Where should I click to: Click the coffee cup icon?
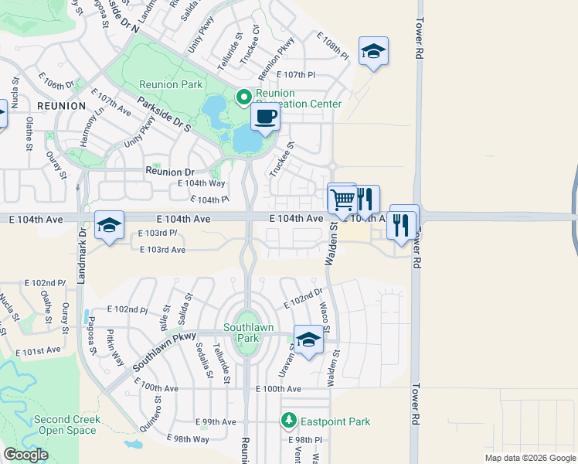click(x=265, y=118)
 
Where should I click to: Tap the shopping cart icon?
click(x=342, y=200)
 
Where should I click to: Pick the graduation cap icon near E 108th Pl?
click(x=373, y=52)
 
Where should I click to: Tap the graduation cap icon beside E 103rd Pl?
click(x=109, y=226)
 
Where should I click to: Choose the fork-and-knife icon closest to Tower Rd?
click(x=401, y=224)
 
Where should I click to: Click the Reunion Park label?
click(x=170, y=84)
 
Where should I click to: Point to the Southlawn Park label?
click(x=249, y=333)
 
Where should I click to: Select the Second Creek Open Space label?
click(x=67, y=425)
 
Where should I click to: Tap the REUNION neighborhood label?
click(x=59, y=105)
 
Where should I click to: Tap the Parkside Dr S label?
click(x=163, y=114)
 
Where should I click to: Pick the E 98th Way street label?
click(x=188, y=439)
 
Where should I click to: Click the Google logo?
click(x=25, y=455)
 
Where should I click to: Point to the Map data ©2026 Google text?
click(x=530, y=458)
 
